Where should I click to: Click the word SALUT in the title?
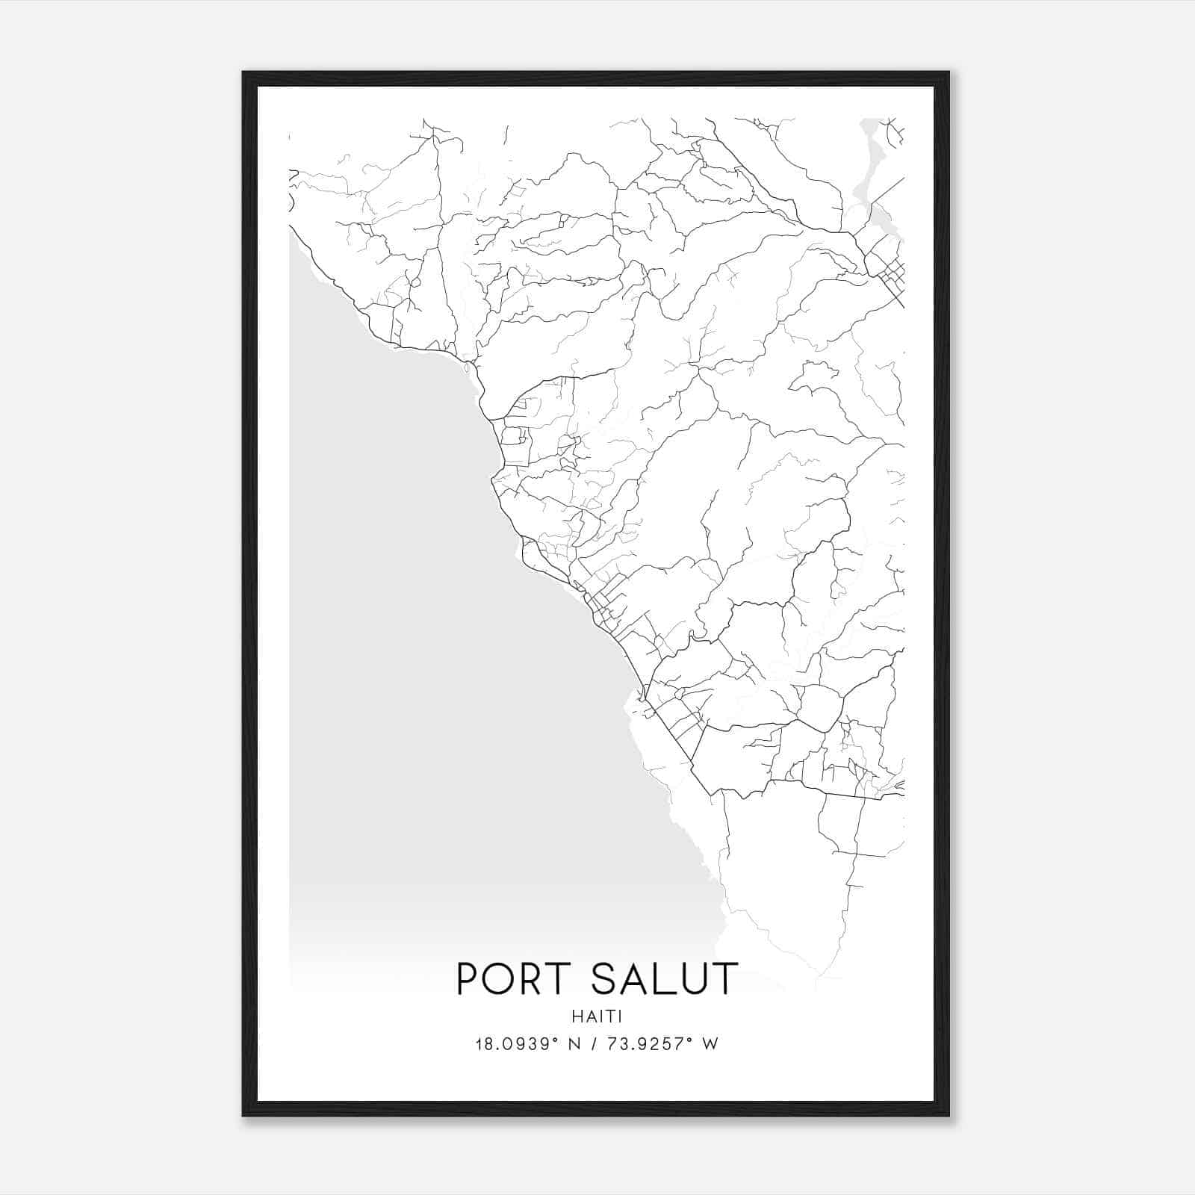(x=664, y=979)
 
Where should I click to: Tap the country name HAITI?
(x=597, y=1016)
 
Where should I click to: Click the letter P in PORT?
(x=467, y=979)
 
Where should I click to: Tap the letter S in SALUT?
(x=604, y=979)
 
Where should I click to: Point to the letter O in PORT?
(x=500, y=979)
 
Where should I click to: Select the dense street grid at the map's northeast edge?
(x=889, y=273)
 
